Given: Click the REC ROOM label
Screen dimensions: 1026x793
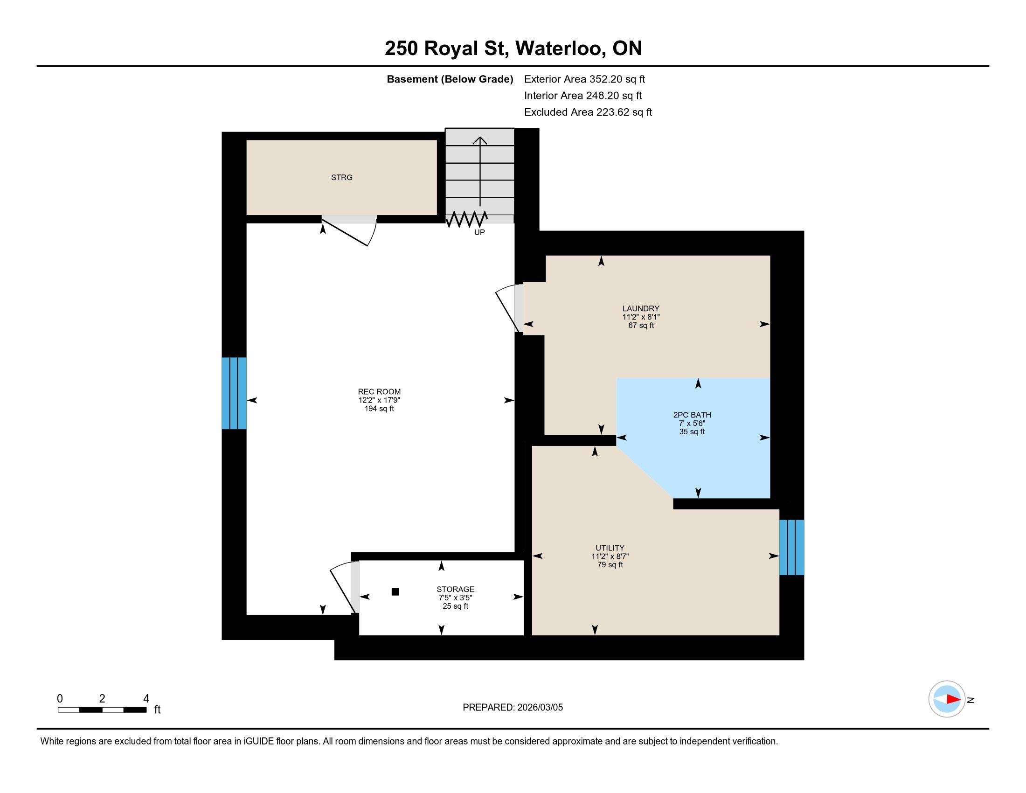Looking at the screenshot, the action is click(x=379, y=392).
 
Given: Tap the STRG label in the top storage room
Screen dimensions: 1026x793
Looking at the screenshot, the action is click(x=341, y=178).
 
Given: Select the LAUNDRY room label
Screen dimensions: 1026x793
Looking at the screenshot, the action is click(x=641, y=309).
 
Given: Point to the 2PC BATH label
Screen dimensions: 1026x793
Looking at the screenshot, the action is click(x=692, y=415).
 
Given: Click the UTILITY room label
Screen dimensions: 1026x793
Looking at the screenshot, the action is click(x=610, y=548).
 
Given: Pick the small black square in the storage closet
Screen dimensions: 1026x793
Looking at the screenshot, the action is click(x=395, y=592).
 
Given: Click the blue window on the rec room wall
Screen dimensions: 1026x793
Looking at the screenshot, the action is click(x=234, y=393).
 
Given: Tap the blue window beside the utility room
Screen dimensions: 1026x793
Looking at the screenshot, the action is click(x=791, y=547).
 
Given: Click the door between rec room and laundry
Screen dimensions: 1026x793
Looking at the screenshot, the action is click(x=509, y=308).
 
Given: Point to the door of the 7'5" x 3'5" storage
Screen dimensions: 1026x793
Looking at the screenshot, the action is click(x=344, y=587).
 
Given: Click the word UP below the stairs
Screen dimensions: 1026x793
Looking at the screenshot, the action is click(x=479, y=232).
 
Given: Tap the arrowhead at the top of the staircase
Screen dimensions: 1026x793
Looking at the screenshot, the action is click(x=479, y=140).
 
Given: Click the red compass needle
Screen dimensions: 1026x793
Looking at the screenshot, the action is click(x=953, y=699).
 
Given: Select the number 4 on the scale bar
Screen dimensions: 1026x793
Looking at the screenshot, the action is click(x=146, y=699).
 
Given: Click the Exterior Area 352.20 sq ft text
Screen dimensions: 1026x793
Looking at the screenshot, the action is click(x=585, y=79).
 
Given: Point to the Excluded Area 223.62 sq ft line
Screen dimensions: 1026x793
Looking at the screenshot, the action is click(x=588, y=112).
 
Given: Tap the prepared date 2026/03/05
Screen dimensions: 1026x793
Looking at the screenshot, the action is click(x=540, y=708).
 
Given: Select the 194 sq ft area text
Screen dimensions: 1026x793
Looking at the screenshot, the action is click(x=379, y=409).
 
